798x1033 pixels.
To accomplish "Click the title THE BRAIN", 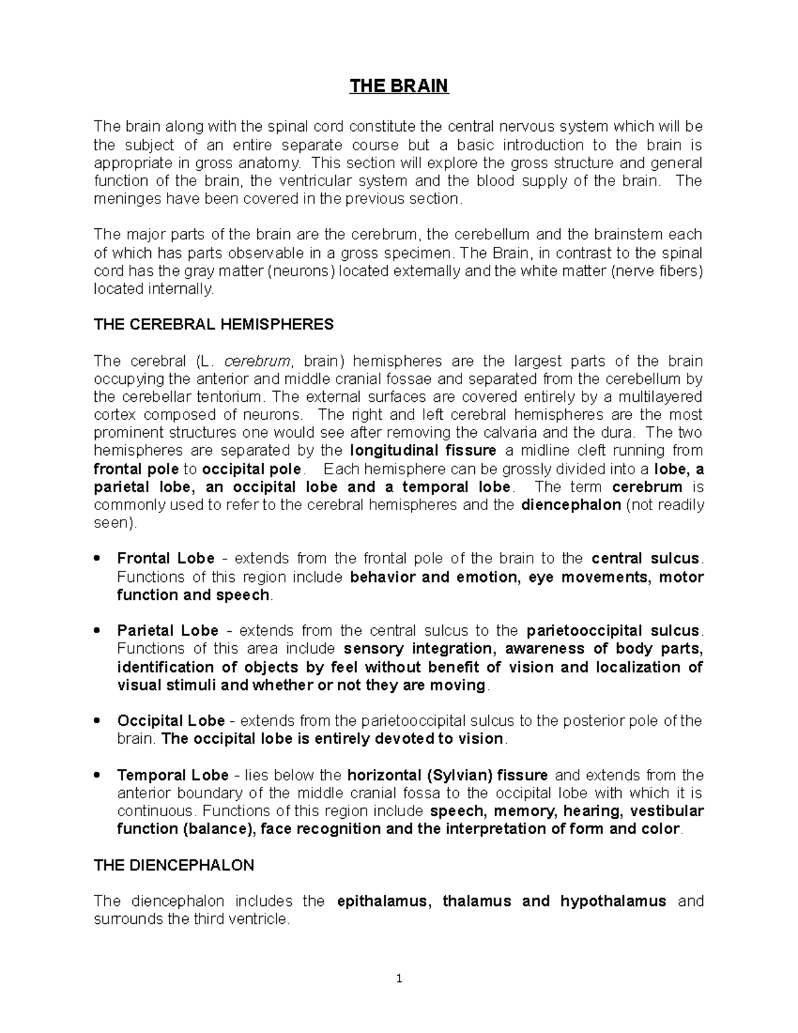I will point(399,86).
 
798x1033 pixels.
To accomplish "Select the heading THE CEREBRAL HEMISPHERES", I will point(213,325).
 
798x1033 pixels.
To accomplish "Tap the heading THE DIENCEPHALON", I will point(174,865).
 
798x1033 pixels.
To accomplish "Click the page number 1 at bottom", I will point(399,978).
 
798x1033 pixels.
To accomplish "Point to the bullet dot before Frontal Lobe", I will point(98,559).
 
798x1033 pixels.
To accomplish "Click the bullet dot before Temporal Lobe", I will point(98,775).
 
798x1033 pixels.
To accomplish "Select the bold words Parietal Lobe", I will point(168,631).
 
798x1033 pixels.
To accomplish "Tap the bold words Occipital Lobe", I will point(171,721).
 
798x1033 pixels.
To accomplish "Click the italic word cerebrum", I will point(258,361).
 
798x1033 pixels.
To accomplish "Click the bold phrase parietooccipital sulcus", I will point(612,631).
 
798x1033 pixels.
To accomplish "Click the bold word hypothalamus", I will point(612,901).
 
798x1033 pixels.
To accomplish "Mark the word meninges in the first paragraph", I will point(124,199).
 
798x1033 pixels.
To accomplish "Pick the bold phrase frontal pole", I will point(136,469).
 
